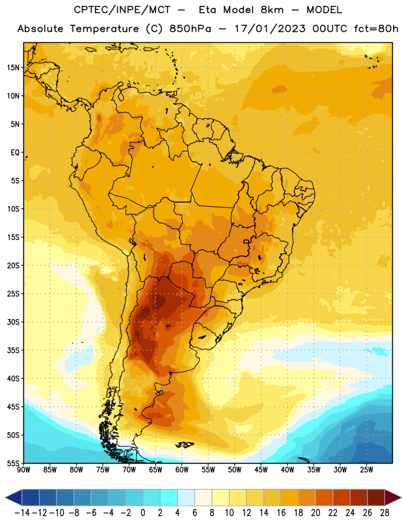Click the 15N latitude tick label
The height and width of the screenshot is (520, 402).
pyautogui.click(x=13, y=68)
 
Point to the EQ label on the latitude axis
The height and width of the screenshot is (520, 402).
pyautogui.click(x=15, y=153)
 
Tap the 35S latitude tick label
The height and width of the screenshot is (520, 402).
pyautogui.click(x=13, y=350)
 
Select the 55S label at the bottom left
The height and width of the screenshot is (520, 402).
pyautogui.click(x=13, y=463)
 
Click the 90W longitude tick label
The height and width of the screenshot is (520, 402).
pyautogui.click(x=23, y=469)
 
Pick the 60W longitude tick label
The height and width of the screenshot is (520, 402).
pyautogui.click(x=182, y=469)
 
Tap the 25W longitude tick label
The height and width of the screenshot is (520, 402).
pyautogui.click(x=366, y=469)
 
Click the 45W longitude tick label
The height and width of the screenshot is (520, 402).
pyautogui.click(x=261, y=469)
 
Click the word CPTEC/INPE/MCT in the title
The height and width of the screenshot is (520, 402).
pyautogui.click(x=122, y=10)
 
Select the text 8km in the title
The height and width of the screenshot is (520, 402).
pyautogui.click(x=272, y=10)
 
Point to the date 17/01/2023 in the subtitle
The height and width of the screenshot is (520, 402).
pyautogui.click(x=269, y=29)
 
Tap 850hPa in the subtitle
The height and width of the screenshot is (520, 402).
pyautogui.click(x=190, y=29)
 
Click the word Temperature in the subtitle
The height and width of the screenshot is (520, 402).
pyautogui.click(x=104, y=29)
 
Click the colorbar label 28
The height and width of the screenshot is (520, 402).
pyautogui.click(x=384, y=513)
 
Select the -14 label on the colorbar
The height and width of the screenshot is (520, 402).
pyautogui.click(x=22, y=513)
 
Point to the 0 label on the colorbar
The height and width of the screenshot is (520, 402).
pyautogui.click(x=142, y=513)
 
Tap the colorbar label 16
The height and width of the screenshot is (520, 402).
pyautogui.click(x=281, y=513)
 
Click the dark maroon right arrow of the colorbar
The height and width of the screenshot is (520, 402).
pyautogui.click(x=392, y=497)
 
